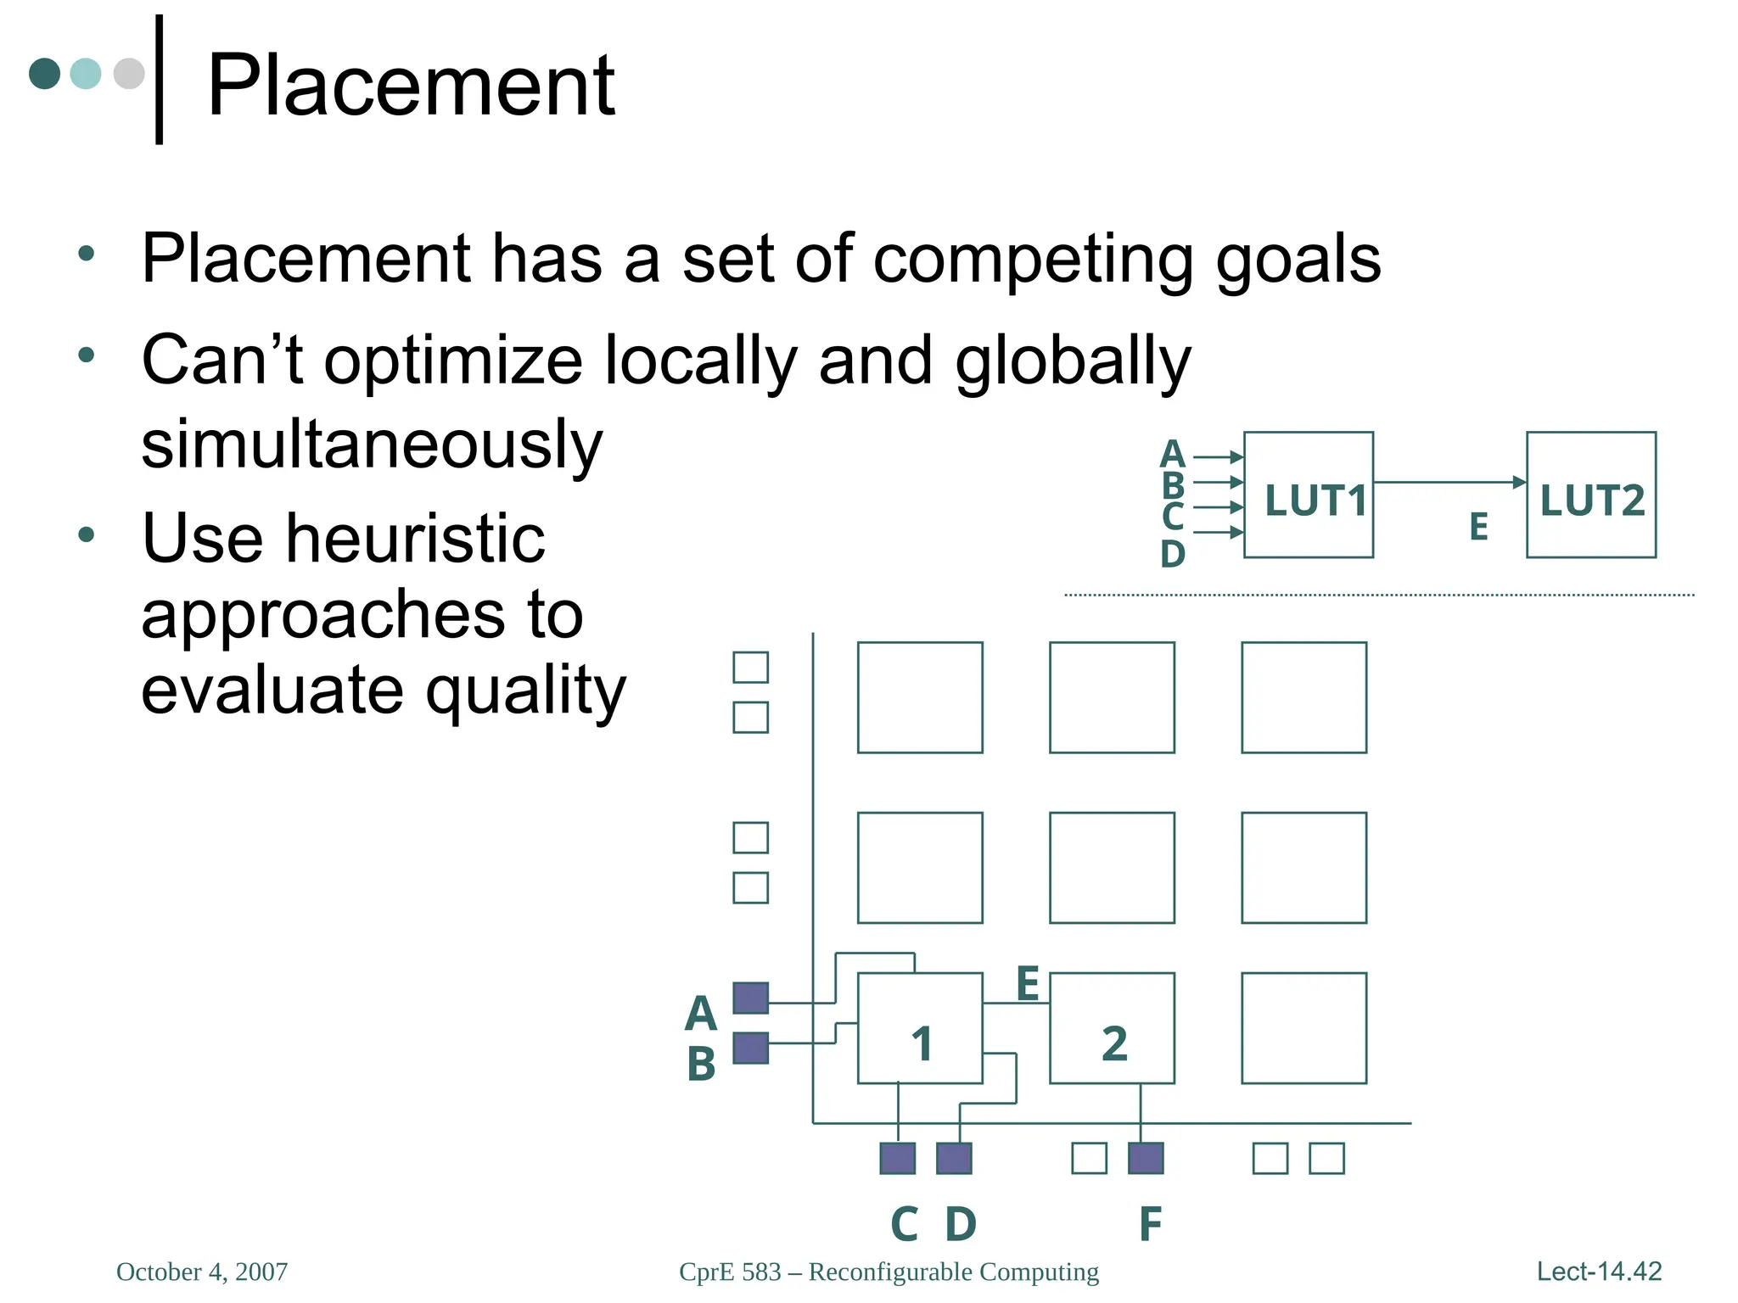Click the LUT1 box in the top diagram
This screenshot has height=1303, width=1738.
[x=1308, y=495]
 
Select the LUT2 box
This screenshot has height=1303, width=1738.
[x=1590, y=495]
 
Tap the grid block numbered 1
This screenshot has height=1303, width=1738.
[x=920, y=1027]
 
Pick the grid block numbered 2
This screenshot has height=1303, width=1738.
[x=1112, y=1027]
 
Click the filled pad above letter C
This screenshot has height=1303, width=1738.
[x=897, y=1158]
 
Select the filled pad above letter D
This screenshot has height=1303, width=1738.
[x=954, y=1158]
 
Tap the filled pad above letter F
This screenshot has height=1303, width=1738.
[x=1146, y=1158]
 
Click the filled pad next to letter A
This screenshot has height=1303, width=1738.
[x=750, y=998]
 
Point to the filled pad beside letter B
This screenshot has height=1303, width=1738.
[x=750, y=1048]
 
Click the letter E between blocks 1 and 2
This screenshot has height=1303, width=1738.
[x=1028, y=984]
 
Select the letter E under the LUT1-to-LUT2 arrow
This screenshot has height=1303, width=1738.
[x=1478, y=527]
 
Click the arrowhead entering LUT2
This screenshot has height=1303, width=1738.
[x=1520, y=482]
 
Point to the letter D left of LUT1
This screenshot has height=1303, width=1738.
[x=1172, y=554]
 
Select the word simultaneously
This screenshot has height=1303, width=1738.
[x=372, y=445]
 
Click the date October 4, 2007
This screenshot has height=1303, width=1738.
[x=202, y=1272]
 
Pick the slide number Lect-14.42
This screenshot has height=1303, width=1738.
[x=1599, y=1271]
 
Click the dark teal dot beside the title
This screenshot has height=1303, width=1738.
[x=44, y=74]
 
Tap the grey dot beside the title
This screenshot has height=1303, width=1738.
[x=129, y=74]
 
